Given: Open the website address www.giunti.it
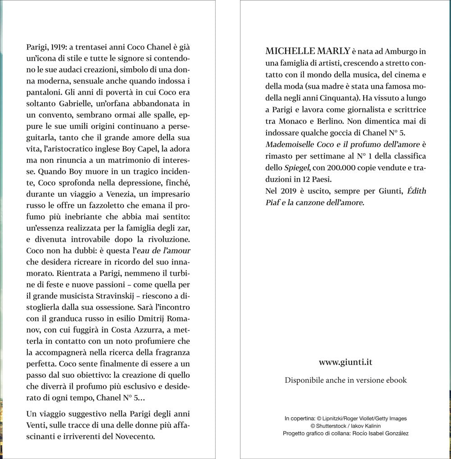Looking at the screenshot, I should point(345,362).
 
